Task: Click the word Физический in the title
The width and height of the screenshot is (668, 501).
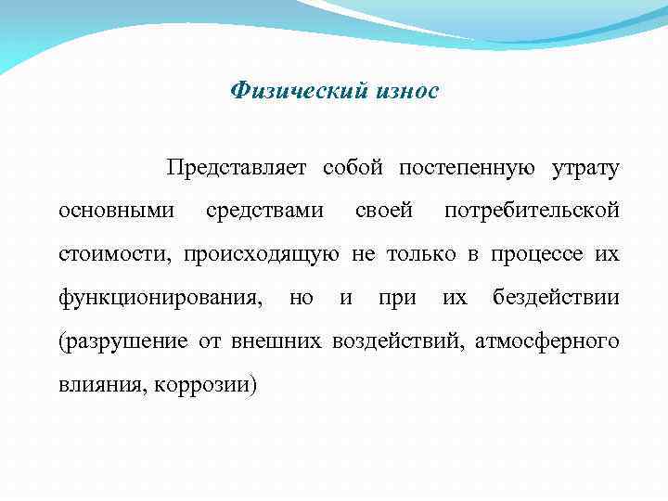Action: (x=289, y=91)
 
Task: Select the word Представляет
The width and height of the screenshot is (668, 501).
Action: (x=238, y=168)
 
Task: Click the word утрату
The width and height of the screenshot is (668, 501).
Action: (x=584, y=168)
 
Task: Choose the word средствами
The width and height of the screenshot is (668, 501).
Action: (x=264, y=211)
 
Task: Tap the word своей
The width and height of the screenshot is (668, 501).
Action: (x=384, y=211)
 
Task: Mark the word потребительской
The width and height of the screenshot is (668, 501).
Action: (x=532, y=211)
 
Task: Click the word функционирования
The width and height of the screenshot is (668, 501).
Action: (x=158, y=297)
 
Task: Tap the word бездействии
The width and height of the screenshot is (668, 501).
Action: (x=556, y=297)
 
